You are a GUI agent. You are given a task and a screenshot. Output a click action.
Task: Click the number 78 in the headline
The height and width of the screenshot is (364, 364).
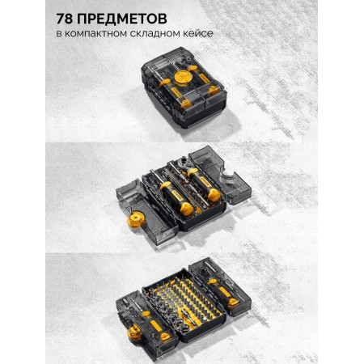65,19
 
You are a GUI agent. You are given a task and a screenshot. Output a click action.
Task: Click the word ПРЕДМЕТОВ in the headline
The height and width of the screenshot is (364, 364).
122,19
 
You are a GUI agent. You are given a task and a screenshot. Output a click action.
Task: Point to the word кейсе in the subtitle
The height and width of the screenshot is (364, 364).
198,34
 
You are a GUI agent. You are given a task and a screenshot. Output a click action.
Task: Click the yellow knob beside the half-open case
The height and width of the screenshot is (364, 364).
136,219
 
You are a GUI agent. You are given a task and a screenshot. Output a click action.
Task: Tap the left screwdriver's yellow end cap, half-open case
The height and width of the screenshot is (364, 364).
187,209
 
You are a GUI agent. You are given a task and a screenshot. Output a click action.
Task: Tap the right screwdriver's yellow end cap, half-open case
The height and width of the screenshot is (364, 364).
214,195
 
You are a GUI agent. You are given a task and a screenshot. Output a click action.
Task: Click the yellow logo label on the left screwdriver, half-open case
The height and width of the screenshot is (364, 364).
177,194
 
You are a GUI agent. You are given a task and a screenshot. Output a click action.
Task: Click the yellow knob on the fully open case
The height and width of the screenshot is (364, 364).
136,332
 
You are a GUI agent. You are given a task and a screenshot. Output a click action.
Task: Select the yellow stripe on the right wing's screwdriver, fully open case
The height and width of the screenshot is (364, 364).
224,292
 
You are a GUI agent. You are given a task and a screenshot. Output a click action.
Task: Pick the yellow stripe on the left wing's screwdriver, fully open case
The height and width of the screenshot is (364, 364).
156,325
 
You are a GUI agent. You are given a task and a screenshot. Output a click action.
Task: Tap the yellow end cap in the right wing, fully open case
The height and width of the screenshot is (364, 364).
233,303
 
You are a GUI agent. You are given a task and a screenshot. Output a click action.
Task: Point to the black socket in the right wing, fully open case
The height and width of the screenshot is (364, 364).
202,271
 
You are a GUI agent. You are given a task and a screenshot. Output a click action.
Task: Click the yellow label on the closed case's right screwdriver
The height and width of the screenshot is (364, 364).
203,78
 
